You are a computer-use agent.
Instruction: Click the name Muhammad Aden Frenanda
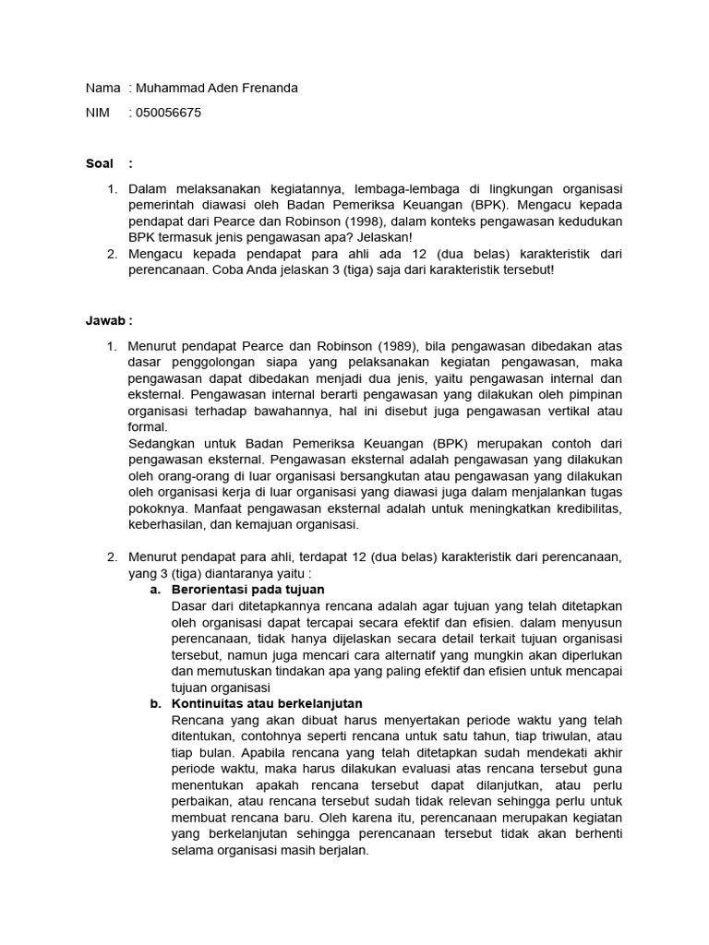coord(217,88)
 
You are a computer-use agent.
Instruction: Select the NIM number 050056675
coord(168,113)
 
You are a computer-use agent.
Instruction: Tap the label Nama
coord(102,88)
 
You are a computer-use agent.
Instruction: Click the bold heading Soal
coord(99,163)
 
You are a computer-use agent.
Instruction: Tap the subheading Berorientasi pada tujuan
coord(248,589)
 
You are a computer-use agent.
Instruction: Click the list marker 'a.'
coord(156,589)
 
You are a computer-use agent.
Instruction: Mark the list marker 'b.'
coord(156,703)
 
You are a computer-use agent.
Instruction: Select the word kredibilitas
coord(585,509)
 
